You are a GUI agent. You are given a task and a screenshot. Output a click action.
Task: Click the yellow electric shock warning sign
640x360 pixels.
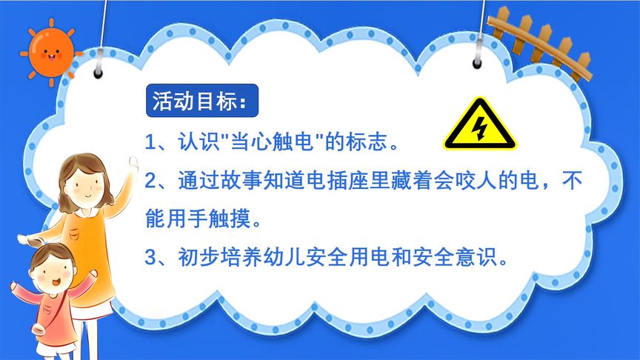point(480,124)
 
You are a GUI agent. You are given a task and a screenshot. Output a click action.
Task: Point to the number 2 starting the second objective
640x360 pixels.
point(150,180)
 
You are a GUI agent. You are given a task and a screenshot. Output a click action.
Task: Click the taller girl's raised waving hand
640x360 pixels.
point(133,164)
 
